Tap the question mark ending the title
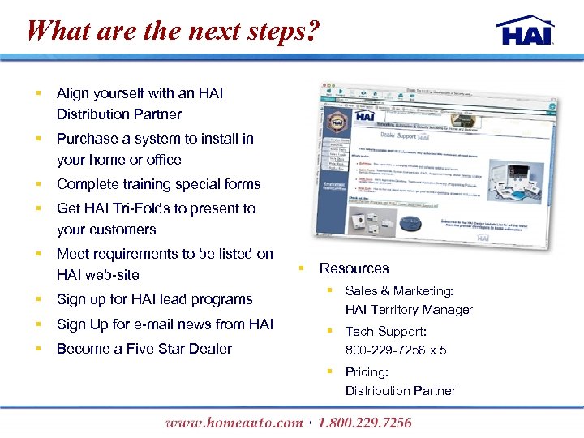(x=313, y=32)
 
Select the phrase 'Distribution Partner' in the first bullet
(x=118, y=114)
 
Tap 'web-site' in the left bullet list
(x=112, y=275)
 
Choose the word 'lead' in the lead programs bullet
(x=174, y=299)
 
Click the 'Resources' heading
(x=354, y=268)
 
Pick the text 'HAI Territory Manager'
(x=409, y=310)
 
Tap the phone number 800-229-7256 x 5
(x=396, y=350)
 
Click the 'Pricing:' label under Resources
(x=367, y=372)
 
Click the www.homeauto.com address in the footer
(x=234, y=423)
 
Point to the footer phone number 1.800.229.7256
(x=364, y=423)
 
